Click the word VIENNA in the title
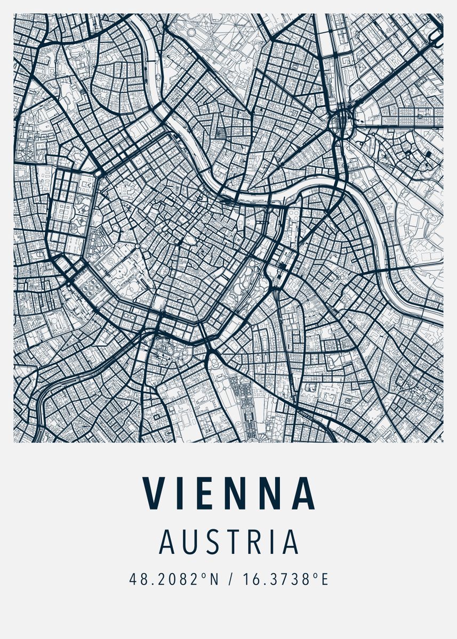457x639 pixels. click(229, 493)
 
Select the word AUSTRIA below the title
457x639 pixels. click(229, 542)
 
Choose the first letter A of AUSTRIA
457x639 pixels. click(169, 542)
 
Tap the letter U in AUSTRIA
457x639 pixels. click(193, 542)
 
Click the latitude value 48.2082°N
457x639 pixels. click(174, 579)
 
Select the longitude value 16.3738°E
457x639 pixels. click(285, 579)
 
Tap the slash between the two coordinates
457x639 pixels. click(230, 579)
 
